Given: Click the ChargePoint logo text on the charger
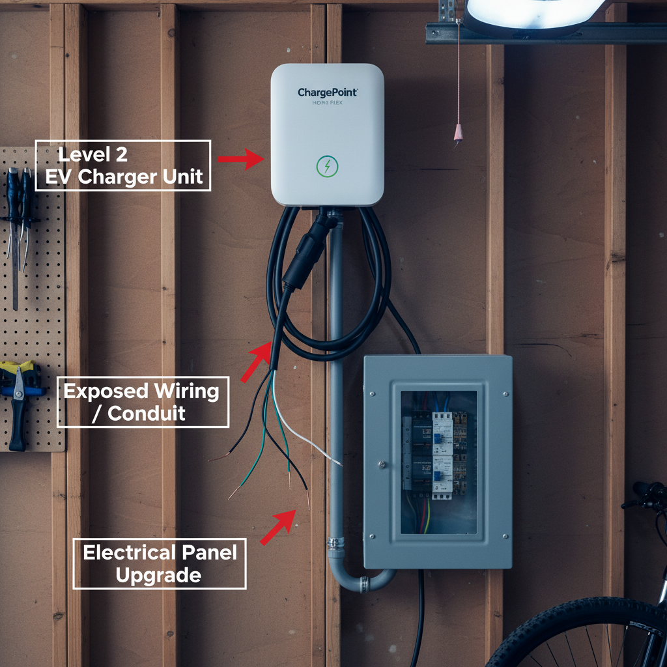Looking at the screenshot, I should coord(327,93).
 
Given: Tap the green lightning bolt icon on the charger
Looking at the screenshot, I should coord(326,166).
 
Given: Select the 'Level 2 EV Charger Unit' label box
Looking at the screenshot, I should coord(123,165).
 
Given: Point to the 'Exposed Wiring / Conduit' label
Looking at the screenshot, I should coord(143,402).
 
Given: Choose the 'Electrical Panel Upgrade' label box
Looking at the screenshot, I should coord(160,563).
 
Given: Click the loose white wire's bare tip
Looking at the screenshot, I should coord(339,464).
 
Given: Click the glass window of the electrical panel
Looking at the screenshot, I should coord(438,461).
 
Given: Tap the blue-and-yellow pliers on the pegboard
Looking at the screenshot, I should coord(20,397).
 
